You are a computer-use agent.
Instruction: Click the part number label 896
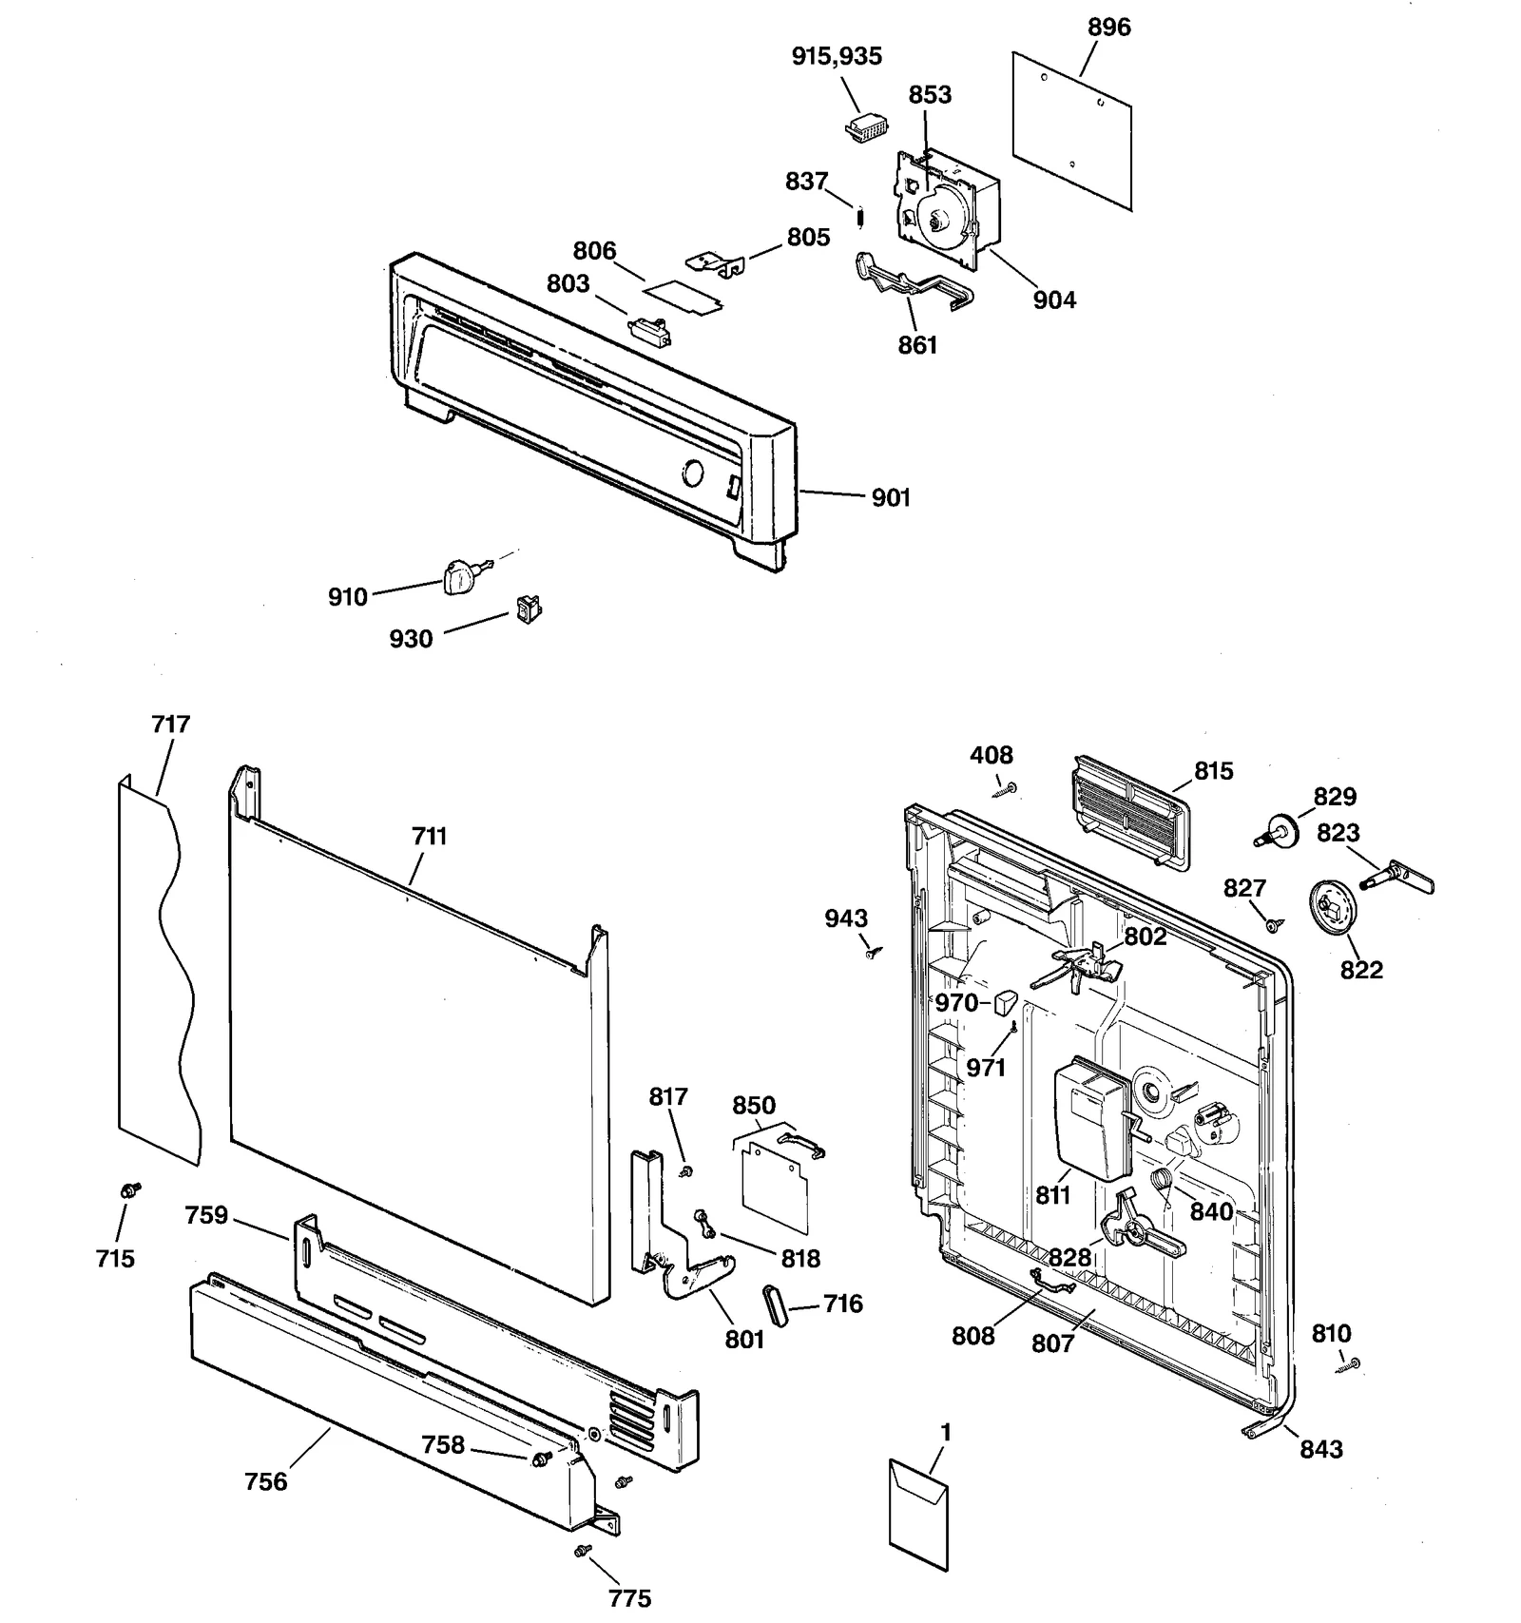click(x=1108, y=28)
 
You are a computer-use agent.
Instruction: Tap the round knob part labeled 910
click(x=458, y=576)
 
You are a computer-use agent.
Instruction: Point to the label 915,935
click(x=837, y=56)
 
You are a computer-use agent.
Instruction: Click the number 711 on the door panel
click(x=429, y=837)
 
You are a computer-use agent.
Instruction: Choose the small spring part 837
click(x=860, y=218)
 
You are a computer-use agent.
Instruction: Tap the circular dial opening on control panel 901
click(x=693, y=473)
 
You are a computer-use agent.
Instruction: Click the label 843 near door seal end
click(x=1320, y=1449)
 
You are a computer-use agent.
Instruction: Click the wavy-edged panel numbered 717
click(x=157, y=970)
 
